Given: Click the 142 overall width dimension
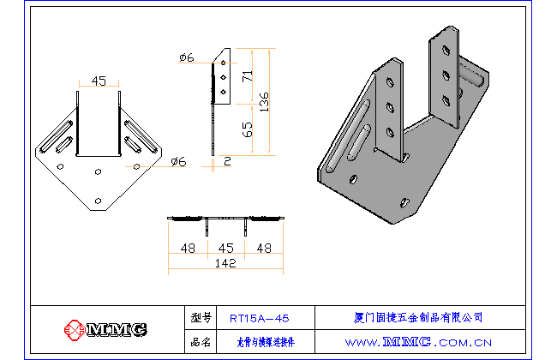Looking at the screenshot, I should [224, 265].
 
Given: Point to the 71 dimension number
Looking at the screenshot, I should [247, 76].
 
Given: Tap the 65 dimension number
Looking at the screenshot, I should [247, 129].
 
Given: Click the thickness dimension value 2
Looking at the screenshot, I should [227, 160].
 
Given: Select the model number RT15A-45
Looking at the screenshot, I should [260, 318].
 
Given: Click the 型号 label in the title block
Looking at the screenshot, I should [201, 318].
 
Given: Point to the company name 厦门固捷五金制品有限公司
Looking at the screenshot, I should [418, 318].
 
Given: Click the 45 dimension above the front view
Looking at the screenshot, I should [99, 81].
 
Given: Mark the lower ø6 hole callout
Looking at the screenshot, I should [178, 161].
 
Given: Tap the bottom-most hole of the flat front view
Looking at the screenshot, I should [98, 201].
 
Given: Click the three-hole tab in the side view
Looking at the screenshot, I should [223, 77].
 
